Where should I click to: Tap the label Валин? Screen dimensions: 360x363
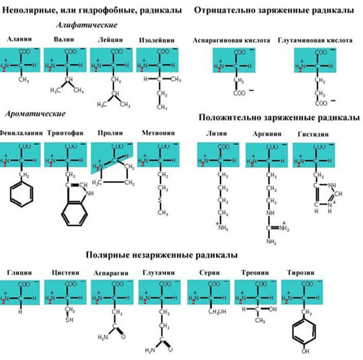[x=64, y=40]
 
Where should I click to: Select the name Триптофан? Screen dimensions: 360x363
[x=65, y=133]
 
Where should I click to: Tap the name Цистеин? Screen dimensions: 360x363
[x=65, y=272]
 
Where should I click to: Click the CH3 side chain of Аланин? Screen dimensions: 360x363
[x=22, y=79]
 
